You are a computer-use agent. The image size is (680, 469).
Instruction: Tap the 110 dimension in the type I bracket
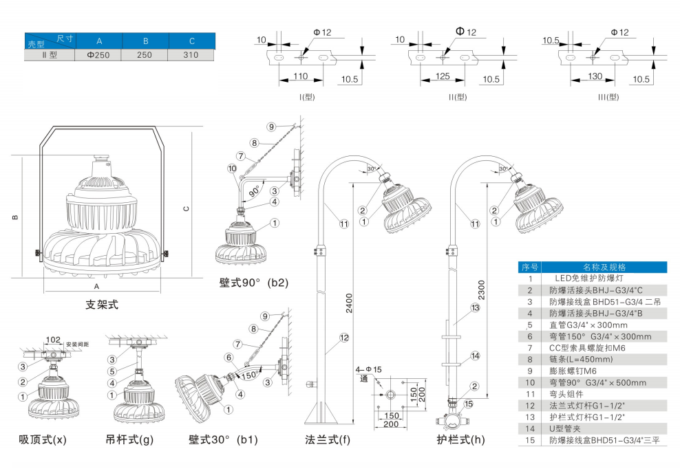(300, 76)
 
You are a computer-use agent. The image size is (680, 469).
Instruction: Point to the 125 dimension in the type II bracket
(443, 76)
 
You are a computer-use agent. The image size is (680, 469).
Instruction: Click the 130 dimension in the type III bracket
(595, 76)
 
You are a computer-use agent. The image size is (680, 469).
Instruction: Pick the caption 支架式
(102, 304)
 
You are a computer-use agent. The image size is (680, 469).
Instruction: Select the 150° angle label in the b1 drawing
(248, 375)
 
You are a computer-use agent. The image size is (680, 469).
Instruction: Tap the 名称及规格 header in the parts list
(604, 267)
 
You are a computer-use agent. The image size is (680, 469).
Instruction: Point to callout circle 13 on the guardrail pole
(475, 308)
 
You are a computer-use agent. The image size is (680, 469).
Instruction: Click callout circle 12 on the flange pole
(344, 337)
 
